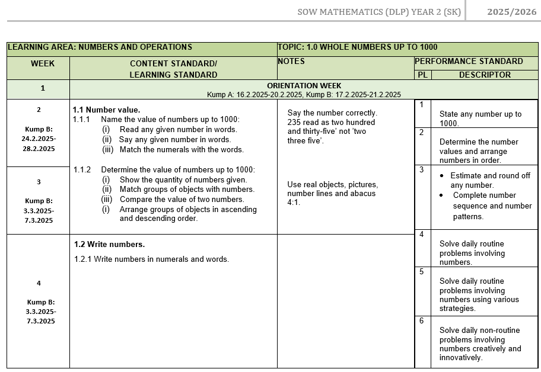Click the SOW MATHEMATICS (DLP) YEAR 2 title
(379, 12)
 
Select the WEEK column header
(42, 63)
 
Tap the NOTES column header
(291, 61)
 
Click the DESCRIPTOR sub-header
(484, 75)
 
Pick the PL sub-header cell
(422, 75)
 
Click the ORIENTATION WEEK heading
(304, 86)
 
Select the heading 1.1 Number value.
(106, 110)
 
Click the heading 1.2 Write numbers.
(109, 244)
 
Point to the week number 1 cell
(42, 88)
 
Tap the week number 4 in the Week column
(39, 283)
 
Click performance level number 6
(422, 320)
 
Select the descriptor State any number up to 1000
(480, 118)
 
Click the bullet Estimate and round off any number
(489, 180)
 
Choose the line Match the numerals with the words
(181, 149)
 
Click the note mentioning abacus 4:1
(332, 193)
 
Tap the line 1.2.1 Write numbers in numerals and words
(151, 259)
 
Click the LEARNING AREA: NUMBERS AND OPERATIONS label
(100, 47)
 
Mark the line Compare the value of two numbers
(182, 199)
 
